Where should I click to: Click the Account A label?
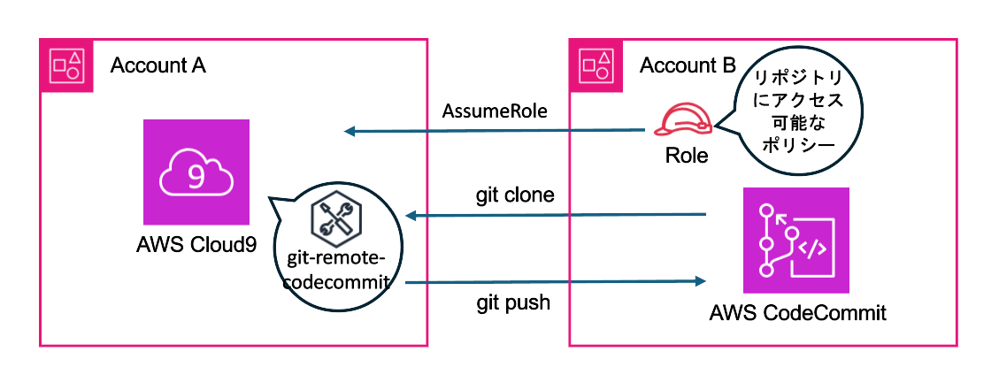coord(158,65)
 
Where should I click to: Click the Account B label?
coord(687,65)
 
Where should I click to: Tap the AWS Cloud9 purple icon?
coord(196,172)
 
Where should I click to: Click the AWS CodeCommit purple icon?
coord(795,240)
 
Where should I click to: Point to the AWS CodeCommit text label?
coord(797,312)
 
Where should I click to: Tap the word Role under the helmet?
coord(687,156)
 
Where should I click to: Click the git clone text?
coord(514,195)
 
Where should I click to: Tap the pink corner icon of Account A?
coord(66,64)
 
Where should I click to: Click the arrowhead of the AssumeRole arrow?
coord(350,133)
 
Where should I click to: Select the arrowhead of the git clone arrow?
coord(410,215)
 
